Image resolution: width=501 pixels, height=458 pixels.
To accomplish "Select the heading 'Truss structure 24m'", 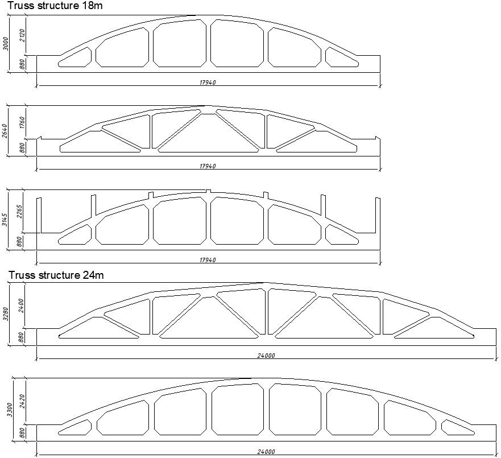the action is click(x=56, y=275).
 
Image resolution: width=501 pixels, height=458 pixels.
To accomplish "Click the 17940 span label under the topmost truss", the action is click(x=208, y=83).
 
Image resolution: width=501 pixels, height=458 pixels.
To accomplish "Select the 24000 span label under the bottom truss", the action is click(x=266, y=452).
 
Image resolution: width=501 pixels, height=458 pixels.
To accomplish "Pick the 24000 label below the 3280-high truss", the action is click(x=266, y=356).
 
